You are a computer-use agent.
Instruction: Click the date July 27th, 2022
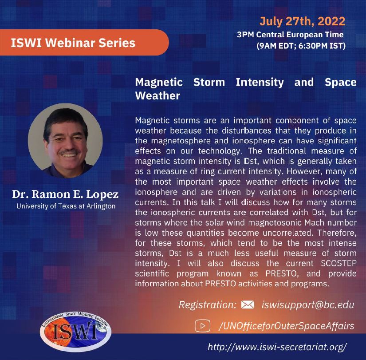(302, 21)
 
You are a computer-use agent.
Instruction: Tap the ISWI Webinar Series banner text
(73, 43)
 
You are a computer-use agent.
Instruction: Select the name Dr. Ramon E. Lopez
(65, 194)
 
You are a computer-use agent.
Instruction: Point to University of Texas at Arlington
(66, 206)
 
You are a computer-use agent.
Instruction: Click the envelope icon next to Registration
(248, 305)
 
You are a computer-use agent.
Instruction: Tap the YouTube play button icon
(202, 326)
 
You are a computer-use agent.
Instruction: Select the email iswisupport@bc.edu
(308, 305)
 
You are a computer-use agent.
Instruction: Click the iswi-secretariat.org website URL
(277, 347)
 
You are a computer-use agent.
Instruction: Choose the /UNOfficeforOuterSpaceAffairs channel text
(287, 326)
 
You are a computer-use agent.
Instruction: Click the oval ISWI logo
(75, 332)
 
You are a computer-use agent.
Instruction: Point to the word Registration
(208, 305)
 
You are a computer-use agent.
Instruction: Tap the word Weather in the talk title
(157, 96)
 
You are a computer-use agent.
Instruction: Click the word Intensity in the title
(260, 83)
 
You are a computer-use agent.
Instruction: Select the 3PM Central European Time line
(290, 35)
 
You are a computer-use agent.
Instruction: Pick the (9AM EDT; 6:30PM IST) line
(301, 46)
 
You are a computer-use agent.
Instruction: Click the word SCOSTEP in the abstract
(338, 263)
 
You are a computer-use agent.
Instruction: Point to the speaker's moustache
(68, 152)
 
